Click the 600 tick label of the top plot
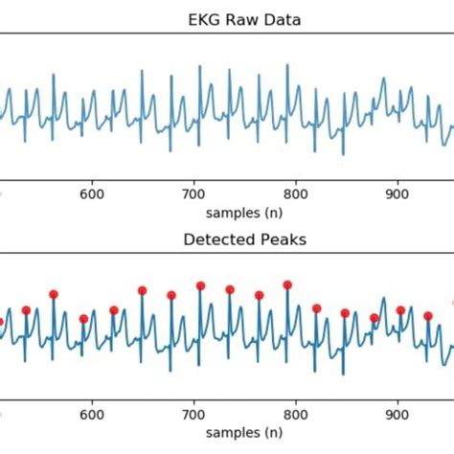[x=92, y=191]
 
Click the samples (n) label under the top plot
[x=244, y=208]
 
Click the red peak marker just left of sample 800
[x=287, y=284]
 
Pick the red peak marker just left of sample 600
[x=83, y=319]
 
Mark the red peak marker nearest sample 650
[x=142, y=290]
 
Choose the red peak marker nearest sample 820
[x=317, y=308]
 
